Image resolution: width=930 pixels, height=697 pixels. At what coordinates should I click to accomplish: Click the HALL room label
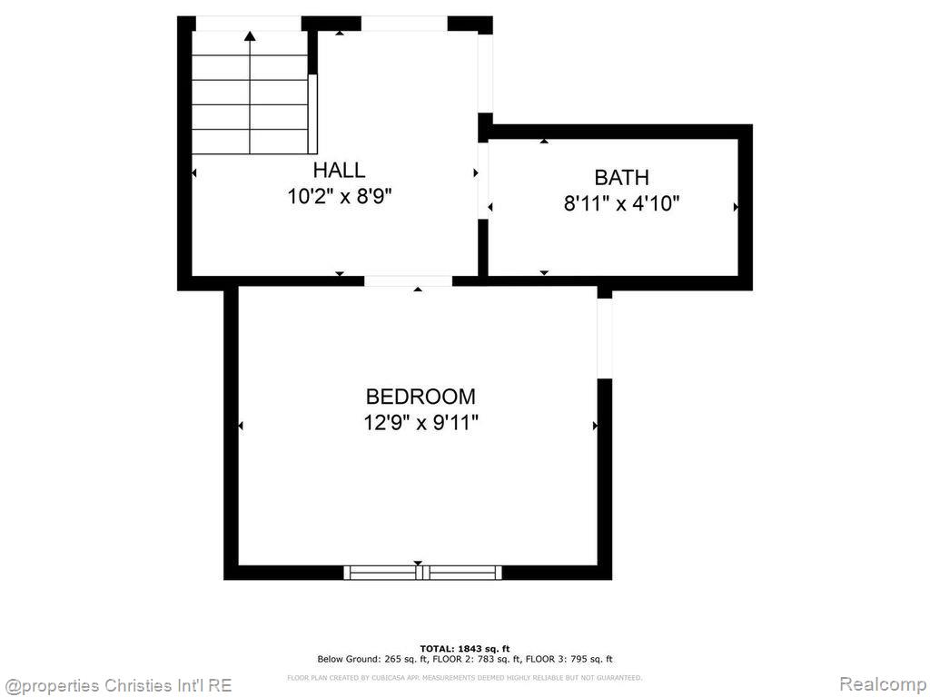tap(339, 170)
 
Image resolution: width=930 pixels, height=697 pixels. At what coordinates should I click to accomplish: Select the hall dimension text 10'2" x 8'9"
tap(340, 196)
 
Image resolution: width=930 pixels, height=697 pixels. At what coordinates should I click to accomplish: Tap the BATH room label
tap(621, 177)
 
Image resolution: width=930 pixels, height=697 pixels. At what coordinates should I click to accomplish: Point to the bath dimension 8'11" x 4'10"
tap(621, 203)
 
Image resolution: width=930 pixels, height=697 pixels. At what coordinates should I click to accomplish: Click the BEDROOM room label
tap(420, 397)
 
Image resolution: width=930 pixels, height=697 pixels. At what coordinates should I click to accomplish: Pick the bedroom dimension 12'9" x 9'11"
tap(420, 422)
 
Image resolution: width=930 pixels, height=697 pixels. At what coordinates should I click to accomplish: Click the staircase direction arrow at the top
tap(250, 36)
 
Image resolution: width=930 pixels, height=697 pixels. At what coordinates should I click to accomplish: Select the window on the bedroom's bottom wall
tap(422, 572)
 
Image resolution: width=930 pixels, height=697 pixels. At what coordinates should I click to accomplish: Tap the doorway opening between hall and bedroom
tap(408, 281)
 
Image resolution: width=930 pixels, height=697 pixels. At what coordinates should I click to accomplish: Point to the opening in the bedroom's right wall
tap(604, 337)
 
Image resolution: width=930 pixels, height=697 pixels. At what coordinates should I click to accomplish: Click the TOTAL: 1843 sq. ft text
tap(464, 648)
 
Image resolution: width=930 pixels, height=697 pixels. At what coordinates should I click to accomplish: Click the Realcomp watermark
tap(881, 683)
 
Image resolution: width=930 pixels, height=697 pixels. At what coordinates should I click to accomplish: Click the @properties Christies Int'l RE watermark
tap(118, 684)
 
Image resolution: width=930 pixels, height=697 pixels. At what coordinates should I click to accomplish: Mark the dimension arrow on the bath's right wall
tap(736, 207)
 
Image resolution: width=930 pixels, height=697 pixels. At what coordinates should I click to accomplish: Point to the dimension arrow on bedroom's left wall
tap(241, 426)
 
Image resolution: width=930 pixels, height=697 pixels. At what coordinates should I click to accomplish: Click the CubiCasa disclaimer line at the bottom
tap(464, 677)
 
